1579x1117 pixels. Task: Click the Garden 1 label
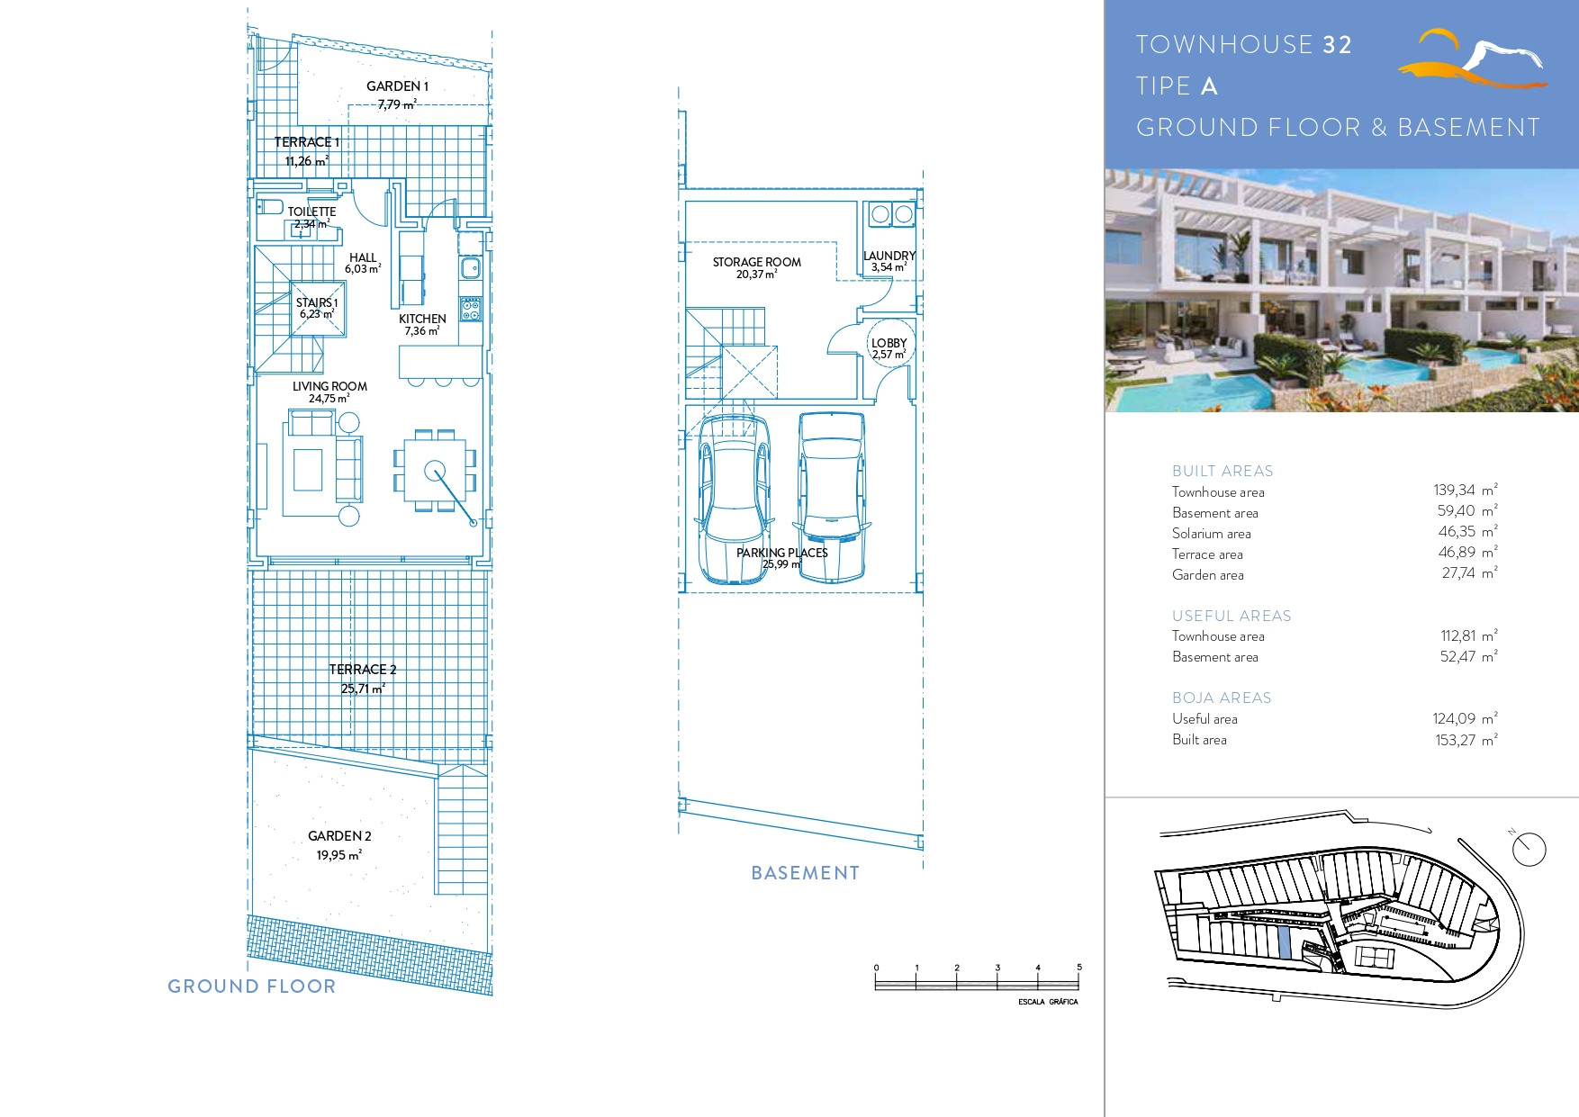pos(397,86)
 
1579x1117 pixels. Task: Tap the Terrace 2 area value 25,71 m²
pos(363,689)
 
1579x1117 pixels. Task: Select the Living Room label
pos(329,386)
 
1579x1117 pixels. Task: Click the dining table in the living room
pos(435,471)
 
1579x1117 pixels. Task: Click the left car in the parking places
pos(734,499)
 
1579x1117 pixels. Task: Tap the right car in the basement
pos(831,497)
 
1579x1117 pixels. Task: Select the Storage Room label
pos(757,262)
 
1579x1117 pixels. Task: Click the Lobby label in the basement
pos(889,343)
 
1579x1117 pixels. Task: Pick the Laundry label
pos(889,256)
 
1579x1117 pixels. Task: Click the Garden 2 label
pos(339,836)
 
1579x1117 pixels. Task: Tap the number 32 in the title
pos(1338,45)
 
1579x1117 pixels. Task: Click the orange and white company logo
pos(1473,59)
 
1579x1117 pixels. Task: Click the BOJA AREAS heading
pos(1222,698)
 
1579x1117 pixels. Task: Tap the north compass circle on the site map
pos(1529,849)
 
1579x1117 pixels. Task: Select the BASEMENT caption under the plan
pos(806,873)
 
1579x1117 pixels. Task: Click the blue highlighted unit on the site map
pos(1285,941)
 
